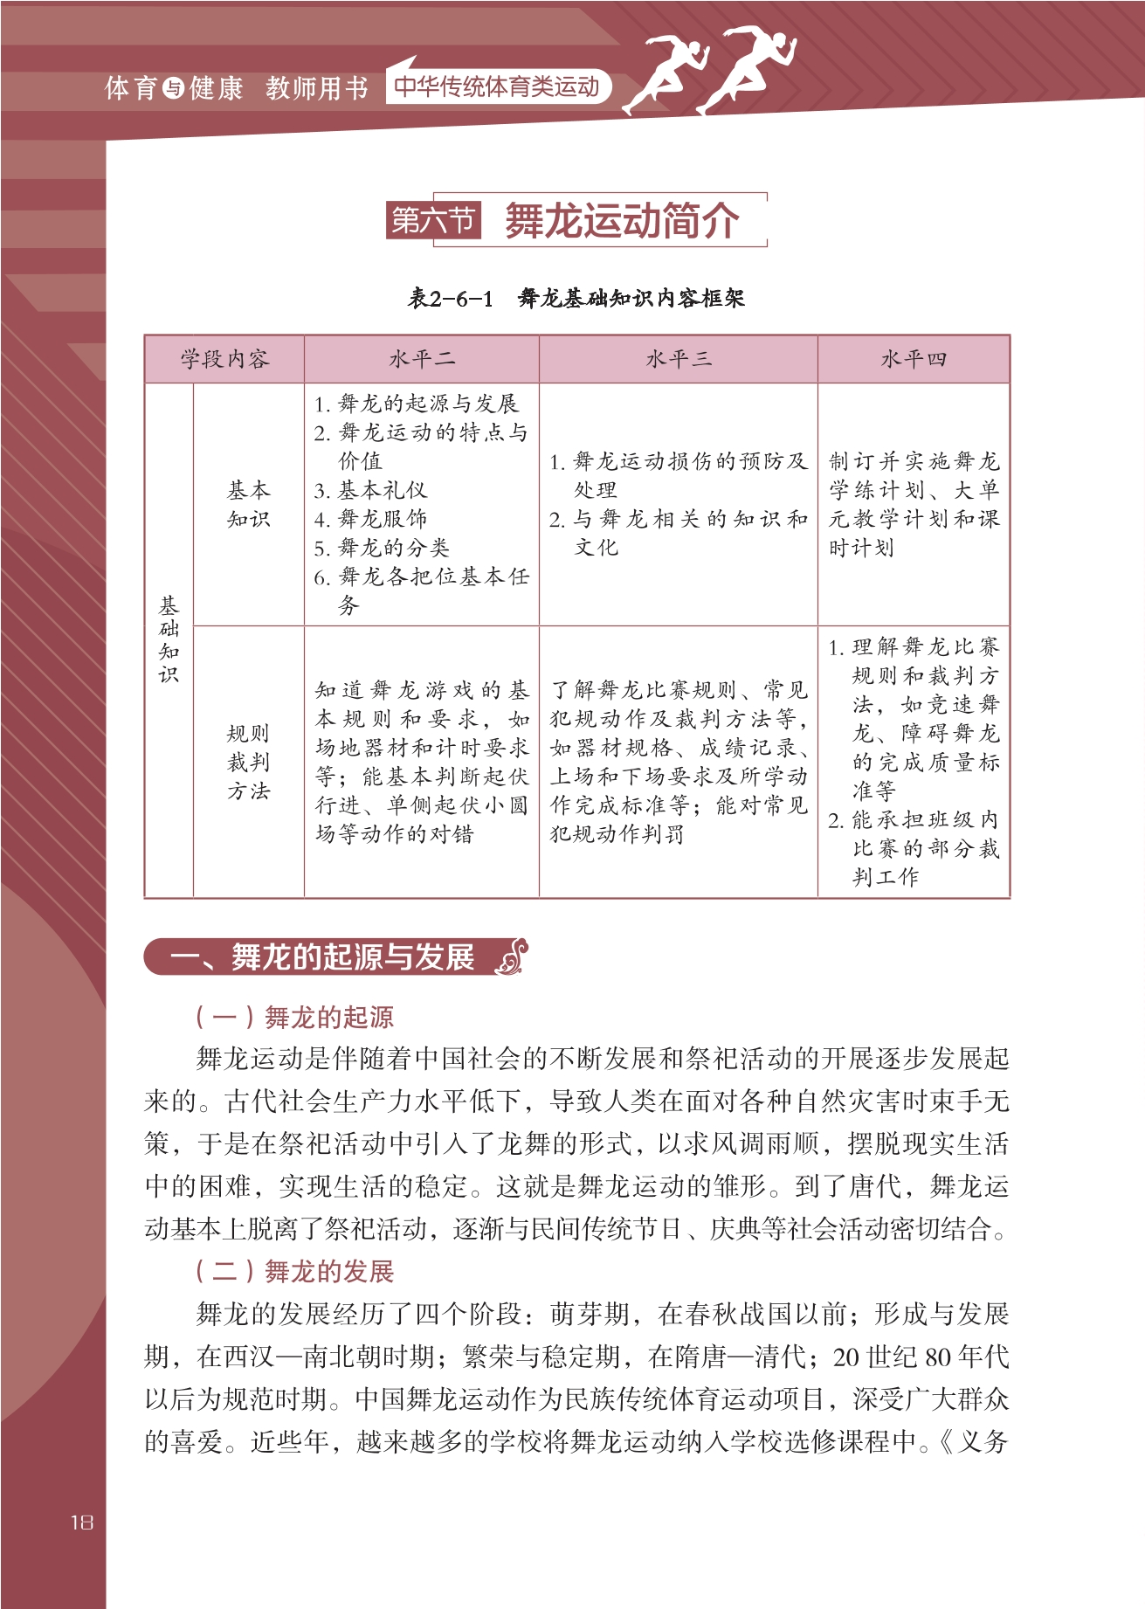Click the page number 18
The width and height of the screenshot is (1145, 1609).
coord(81,1522)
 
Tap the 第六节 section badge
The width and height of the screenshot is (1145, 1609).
coord(433,220)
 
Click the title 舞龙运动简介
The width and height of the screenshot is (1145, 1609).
coord(622,220)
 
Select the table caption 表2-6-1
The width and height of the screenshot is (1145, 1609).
coord(451,299)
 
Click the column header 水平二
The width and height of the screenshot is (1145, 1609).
coord(421,359)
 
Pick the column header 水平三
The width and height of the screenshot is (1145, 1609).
coord(678,359)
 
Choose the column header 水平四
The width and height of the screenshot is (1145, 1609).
coord(913,359)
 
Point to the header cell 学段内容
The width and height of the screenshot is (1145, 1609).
coord(224,359)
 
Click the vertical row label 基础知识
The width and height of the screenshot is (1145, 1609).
coord(169,639)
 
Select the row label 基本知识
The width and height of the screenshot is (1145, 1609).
coord(249,504)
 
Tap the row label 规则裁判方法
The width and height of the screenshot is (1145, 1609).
coord(249,762)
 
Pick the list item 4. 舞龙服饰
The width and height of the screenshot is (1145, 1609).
coord(370,519)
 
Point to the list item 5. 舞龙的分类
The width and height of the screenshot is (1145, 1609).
coord(382,548)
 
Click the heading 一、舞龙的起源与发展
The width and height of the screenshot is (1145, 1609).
coord(322,957)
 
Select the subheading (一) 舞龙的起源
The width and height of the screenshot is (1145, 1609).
coord(294,1017)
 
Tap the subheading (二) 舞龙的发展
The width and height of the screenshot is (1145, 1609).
coord(294,1271)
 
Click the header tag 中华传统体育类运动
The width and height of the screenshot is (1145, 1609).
coord(496,86)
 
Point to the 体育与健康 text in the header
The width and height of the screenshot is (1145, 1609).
coord(174,88)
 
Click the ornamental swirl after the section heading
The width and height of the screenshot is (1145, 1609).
coord(513,956)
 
